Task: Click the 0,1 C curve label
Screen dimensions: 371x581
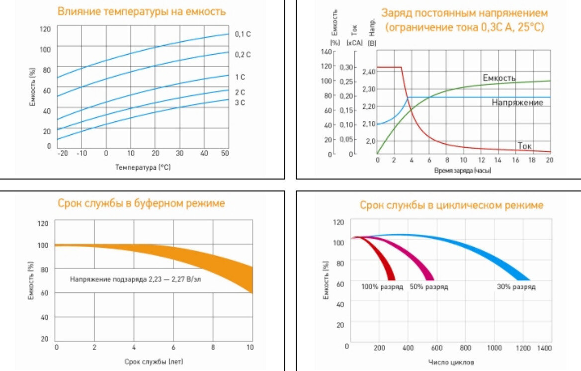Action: coord(243,34)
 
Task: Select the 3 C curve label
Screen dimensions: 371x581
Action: coord(240,102)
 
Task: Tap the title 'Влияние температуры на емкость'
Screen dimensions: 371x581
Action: coord(141,11)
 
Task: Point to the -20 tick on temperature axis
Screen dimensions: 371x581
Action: coord(63,153)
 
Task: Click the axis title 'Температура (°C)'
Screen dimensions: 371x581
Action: coord(143,168)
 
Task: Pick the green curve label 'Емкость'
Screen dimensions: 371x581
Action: coord(499,78)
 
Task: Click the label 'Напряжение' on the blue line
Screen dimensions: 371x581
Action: coord(517,102)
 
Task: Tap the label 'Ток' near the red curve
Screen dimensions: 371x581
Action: coord(525,146)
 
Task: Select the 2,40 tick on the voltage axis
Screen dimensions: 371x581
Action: coord(369,72)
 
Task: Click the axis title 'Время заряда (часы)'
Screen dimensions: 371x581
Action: coord(462,171)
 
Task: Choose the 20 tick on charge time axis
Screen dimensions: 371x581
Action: coord(549,160)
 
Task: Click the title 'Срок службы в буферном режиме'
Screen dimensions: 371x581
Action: coord(141,203)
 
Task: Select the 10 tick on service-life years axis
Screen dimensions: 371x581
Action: coord(250,347)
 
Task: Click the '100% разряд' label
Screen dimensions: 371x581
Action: coord(382,287)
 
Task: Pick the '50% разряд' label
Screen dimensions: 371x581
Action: coord(428,287)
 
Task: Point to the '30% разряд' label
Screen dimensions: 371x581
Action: coord(516,287)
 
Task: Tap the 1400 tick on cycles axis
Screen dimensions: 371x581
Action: coord(544,346)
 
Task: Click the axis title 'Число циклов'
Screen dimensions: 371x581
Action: coord(451,363)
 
